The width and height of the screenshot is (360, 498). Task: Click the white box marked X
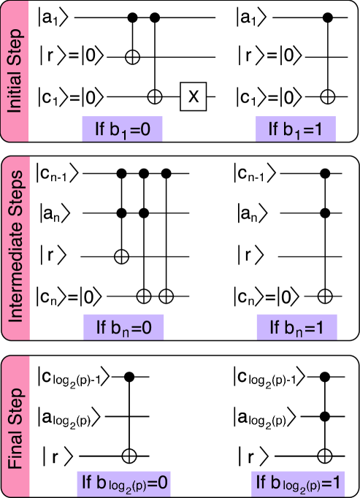coord(194,96)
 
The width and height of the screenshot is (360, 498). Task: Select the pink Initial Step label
coord(20,72)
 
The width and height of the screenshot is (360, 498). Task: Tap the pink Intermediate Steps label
coord(20,248)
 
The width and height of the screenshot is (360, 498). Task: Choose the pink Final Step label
coord(20,427)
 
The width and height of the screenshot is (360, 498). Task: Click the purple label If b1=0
coord(121,130)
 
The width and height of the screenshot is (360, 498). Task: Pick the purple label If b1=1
coord(296,130)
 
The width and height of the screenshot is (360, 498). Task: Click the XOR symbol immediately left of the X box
coord(154,96)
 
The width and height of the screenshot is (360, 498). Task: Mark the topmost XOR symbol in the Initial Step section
coord(132,58)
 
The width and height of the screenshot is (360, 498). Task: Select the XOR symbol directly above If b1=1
coord(328,96)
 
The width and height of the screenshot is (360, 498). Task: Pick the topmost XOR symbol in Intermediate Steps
coord(122,256)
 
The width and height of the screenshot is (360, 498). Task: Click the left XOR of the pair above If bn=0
coord(145,296)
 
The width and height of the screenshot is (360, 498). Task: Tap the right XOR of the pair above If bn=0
coord(166,296)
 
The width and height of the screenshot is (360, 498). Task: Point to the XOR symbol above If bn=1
coord(325,296)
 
